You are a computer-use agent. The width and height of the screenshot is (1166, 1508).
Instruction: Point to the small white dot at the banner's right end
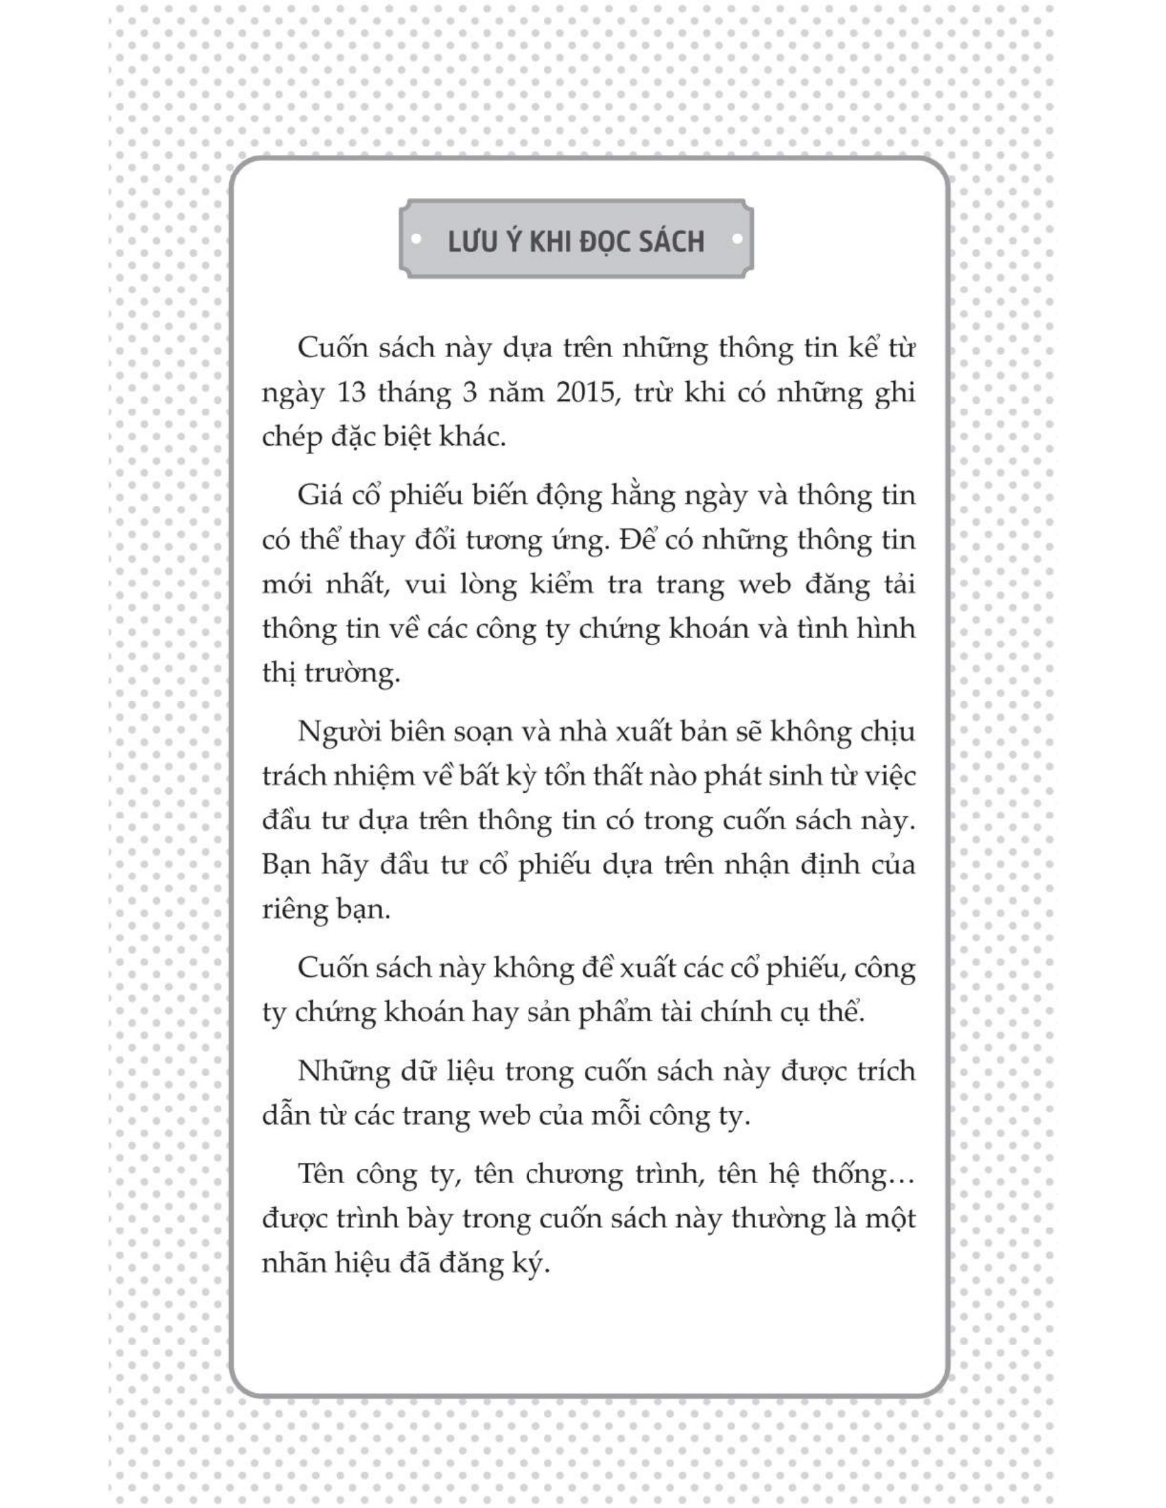point(737,241)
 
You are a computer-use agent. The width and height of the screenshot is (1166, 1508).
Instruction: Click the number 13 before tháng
point(355,393)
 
